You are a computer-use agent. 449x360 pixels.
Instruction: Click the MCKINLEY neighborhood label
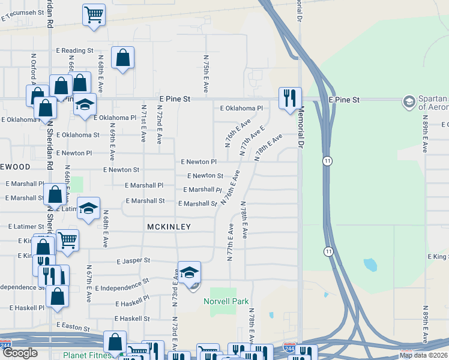(169, 227)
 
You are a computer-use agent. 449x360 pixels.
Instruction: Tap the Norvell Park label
(226, 301)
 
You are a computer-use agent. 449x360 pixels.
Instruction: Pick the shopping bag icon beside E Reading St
(122, 58)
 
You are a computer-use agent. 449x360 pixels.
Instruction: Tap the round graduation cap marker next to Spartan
(409, 101)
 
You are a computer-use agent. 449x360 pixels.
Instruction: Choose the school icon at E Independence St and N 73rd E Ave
(189, 274)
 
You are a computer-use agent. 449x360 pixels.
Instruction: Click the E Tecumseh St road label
(24, 15)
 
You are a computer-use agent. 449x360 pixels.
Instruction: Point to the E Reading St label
(74, 51)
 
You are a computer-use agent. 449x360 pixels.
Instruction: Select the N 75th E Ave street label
(206, 74)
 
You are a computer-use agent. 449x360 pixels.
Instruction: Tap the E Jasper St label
(133, 261)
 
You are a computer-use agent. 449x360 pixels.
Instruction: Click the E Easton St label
(73, 325)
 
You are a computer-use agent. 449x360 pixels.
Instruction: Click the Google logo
(20, 353)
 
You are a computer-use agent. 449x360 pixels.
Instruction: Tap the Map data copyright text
(424, 355)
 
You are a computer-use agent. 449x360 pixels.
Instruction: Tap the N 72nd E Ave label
(160, 126)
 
